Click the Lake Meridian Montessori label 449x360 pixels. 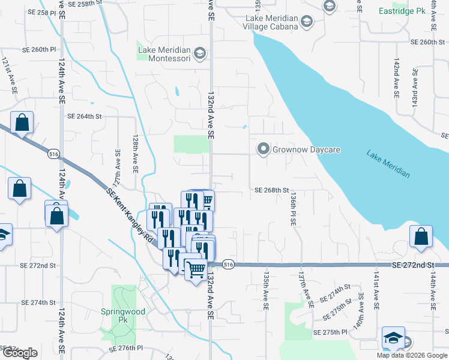coord(164,54)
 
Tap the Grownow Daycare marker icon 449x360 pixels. coord(262,149)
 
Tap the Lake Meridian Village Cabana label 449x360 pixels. coord(271,23)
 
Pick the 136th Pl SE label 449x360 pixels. coord(292,209)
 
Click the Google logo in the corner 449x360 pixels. coord(19,353)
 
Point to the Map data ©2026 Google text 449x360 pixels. coord(412,355)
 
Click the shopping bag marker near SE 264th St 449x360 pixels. coord(22,123)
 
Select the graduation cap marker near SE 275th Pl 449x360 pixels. coord(393,338)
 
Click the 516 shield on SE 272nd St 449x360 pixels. coord(228,264)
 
